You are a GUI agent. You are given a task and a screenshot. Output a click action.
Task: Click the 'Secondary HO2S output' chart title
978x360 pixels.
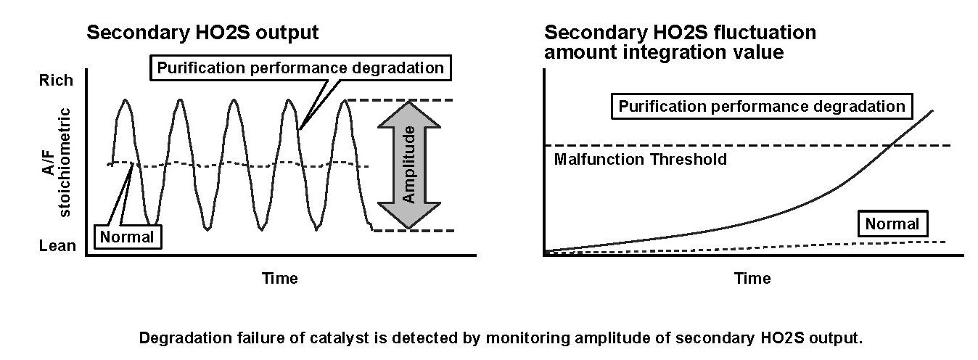tap(202, 33)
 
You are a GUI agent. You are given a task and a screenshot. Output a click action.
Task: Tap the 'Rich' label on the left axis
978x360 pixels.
tap(56, 81)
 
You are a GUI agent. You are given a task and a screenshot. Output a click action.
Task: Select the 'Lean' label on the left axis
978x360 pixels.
tap(57, 246)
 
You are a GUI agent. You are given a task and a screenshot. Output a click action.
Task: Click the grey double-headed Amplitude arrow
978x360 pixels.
tap(409, 165)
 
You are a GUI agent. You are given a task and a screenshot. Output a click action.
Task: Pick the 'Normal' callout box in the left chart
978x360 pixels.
tap(128, 237)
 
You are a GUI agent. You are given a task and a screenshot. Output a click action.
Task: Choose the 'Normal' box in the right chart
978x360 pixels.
tap(892, 224)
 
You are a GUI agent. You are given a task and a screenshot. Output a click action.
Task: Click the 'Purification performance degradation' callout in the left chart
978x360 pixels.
tap(300, 69)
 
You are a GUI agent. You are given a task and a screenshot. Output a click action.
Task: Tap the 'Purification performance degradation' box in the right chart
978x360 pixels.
tap(761, 107)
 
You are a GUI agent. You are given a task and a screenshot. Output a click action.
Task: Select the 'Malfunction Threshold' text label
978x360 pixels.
tap(640, 160)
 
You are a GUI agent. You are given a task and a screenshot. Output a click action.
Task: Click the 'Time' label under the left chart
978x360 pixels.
tap(280, 278)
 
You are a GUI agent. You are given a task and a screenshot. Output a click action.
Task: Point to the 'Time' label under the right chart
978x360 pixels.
tap(752, 278)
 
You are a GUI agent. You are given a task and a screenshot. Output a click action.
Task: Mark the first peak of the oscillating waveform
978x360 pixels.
tap(126, 99)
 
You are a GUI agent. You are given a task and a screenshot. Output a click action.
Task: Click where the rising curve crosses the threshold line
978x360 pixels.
tap(889, 145)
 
